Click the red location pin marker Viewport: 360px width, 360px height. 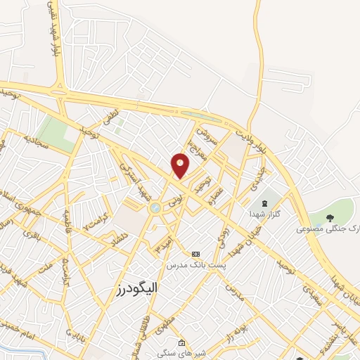[x=181, y=165]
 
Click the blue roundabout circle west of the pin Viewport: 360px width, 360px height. [x=155, y=207]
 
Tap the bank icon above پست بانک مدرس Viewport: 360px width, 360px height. [x=195, y=254]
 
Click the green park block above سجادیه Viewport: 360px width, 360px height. [x=56, y=132]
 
